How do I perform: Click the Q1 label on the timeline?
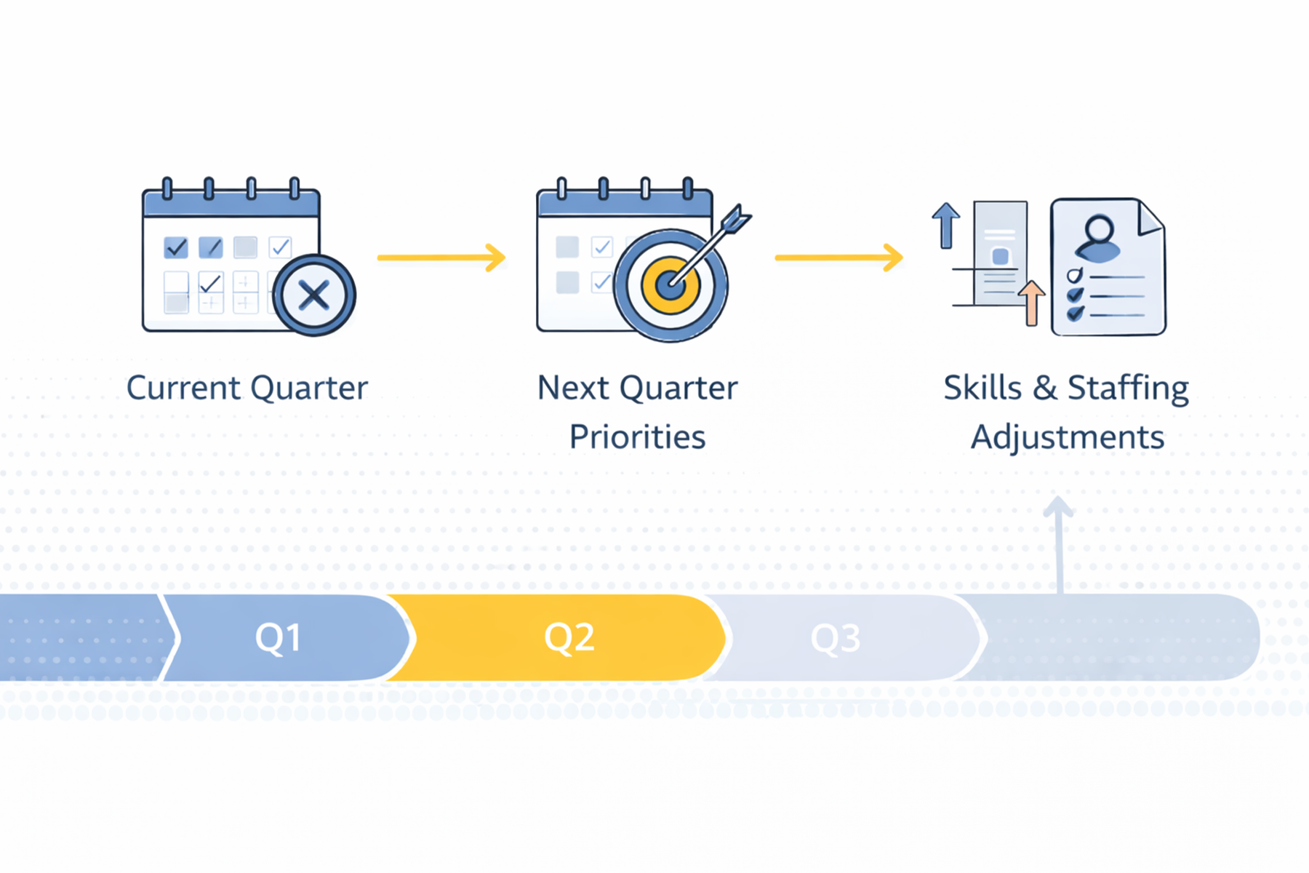[278, 638]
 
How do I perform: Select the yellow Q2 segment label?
[569, 638]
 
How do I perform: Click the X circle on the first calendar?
[314, 295]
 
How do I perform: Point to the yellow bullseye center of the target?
[670, 285]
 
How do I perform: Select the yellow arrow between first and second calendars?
[441, 258]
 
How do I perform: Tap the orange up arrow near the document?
[1030, 303]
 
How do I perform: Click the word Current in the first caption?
[183, 388]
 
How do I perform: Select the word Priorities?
[637, 437]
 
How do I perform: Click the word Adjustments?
[1067, 437]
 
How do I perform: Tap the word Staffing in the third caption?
[1127, 388]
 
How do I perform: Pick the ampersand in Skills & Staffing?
[1044, 388]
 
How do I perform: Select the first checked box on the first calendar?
[176, 247]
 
